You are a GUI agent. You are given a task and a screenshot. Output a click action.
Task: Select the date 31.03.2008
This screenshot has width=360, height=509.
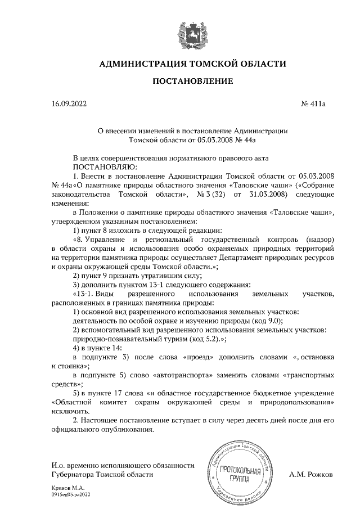pos(268,194)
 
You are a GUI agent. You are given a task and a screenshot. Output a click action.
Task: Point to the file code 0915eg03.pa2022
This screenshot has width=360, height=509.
pos(70,493)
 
